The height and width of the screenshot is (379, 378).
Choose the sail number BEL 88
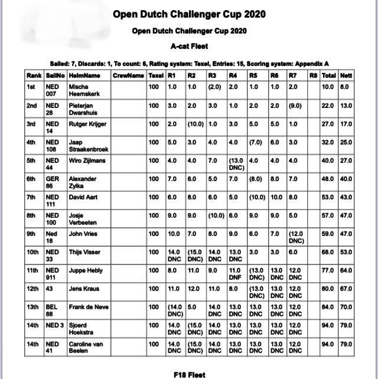click(x=53, y=311)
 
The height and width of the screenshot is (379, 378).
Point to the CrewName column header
click(x=128, y=76)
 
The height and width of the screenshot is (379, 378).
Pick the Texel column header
click(x=156, y=76)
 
